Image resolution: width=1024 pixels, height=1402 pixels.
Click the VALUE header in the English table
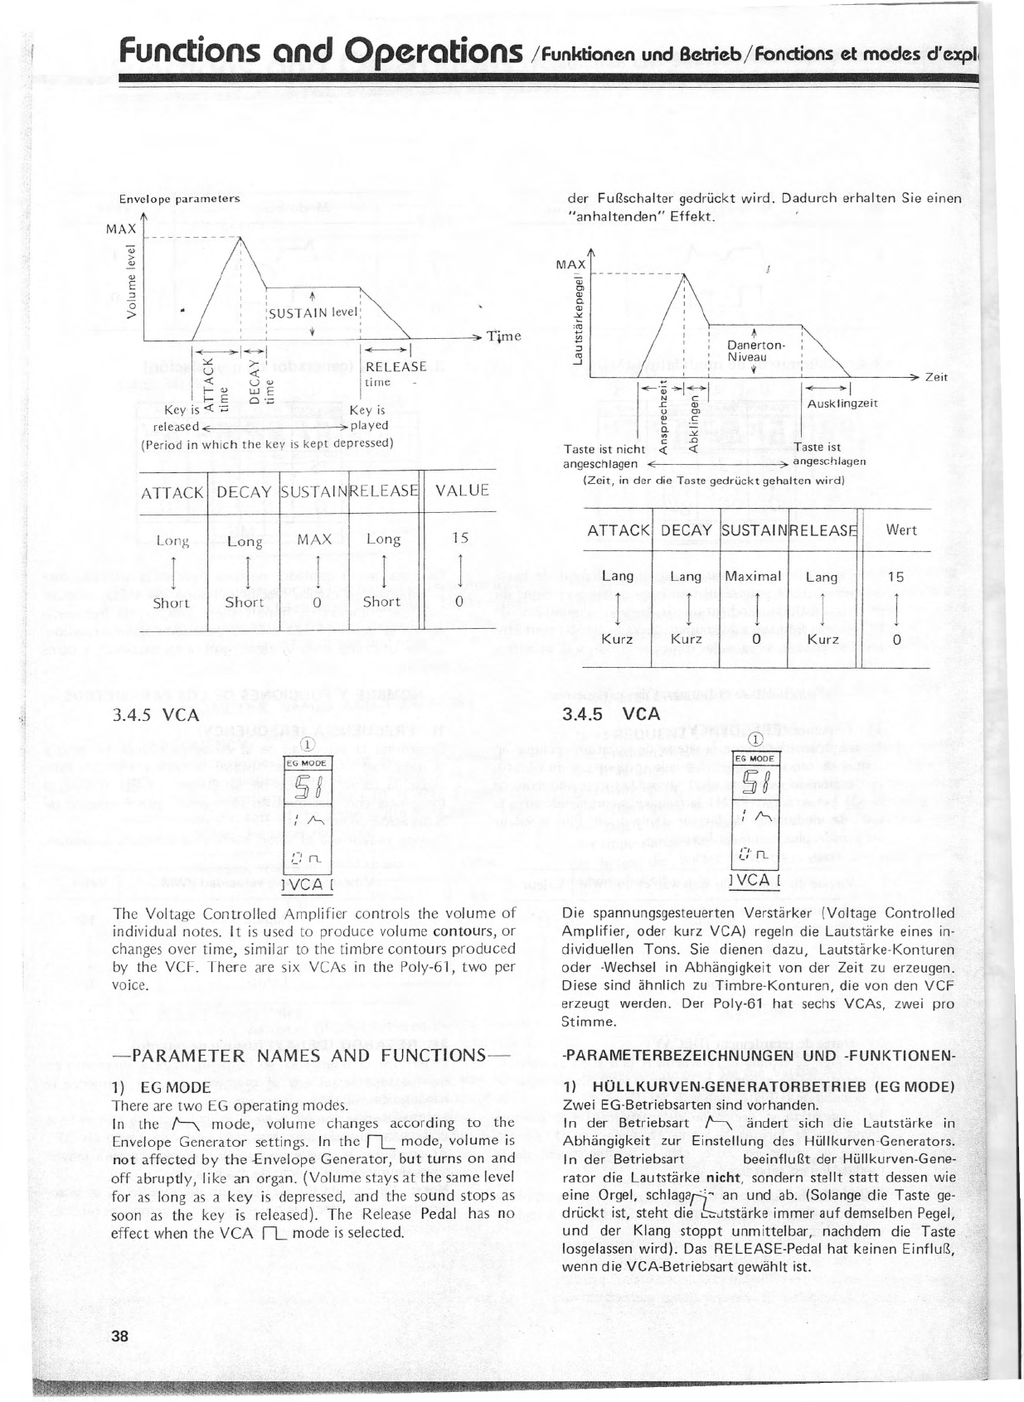462,491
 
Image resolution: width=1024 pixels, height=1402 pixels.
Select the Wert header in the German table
901,530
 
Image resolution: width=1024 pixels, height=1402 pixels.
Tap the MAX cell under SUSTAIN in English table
315,539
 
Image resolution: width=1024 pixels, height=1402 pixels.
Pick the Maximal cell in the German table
754,576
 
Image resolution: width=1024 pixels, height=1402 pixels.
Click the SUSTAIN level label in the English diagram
312,312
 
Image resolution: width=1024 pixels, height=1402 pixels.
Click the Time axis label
504,336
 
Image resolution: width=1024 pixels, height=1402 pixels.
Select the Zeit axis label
936,377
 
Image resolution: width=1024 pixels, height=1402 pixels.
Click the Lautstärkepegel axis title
576,318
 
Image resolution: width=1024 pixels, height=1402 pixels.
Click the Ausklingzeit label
842,404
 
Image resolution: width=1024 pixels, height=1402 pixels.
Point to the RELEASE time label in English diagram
395,373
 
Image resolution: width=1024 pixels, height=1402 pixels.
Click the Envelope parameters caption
180,199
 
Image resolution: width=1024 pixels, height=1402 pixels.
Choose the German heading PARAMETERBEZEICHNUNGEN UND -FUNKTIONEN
758,1057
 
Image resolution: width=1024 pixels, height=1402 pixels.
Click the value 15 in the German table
895,577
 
